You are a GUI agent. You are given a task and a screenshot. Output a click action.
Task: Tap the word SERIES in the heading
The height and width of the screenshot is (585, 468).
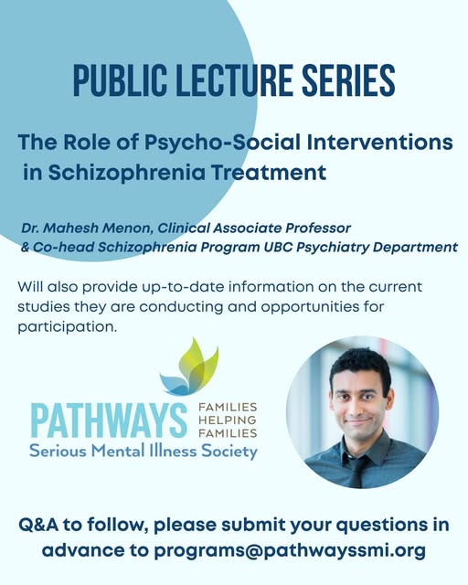[x=348, y=80]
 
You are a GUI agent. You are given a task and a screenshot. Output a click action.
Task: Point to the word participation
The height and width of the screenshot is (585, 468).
[x=67, y=327]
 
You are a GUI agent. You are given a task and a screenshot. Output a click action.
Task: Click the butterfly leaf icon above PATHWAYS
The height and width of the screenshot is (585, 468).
[x=189, y=367]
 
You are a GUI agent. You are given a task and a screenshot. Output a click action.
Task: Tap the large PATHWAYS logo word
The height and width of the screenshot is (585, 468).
[x=109, y=420]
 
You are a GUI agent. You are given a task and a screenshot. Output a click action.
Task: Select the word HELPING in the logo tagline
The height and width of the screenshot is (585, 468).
[x=228, y=420]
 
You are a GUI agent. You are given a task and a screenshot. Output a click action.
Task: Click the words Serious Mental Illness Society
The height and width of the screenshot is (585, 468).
[x=144, y=451]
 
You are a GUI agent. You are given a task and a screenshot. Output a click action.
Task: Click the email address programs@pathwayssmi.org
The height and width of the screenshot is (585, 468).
[x=290, y=550]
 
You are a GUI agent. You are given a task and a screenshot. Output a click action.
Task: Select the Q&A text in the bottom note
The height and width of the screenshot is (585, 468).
[x=38, y=525]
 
